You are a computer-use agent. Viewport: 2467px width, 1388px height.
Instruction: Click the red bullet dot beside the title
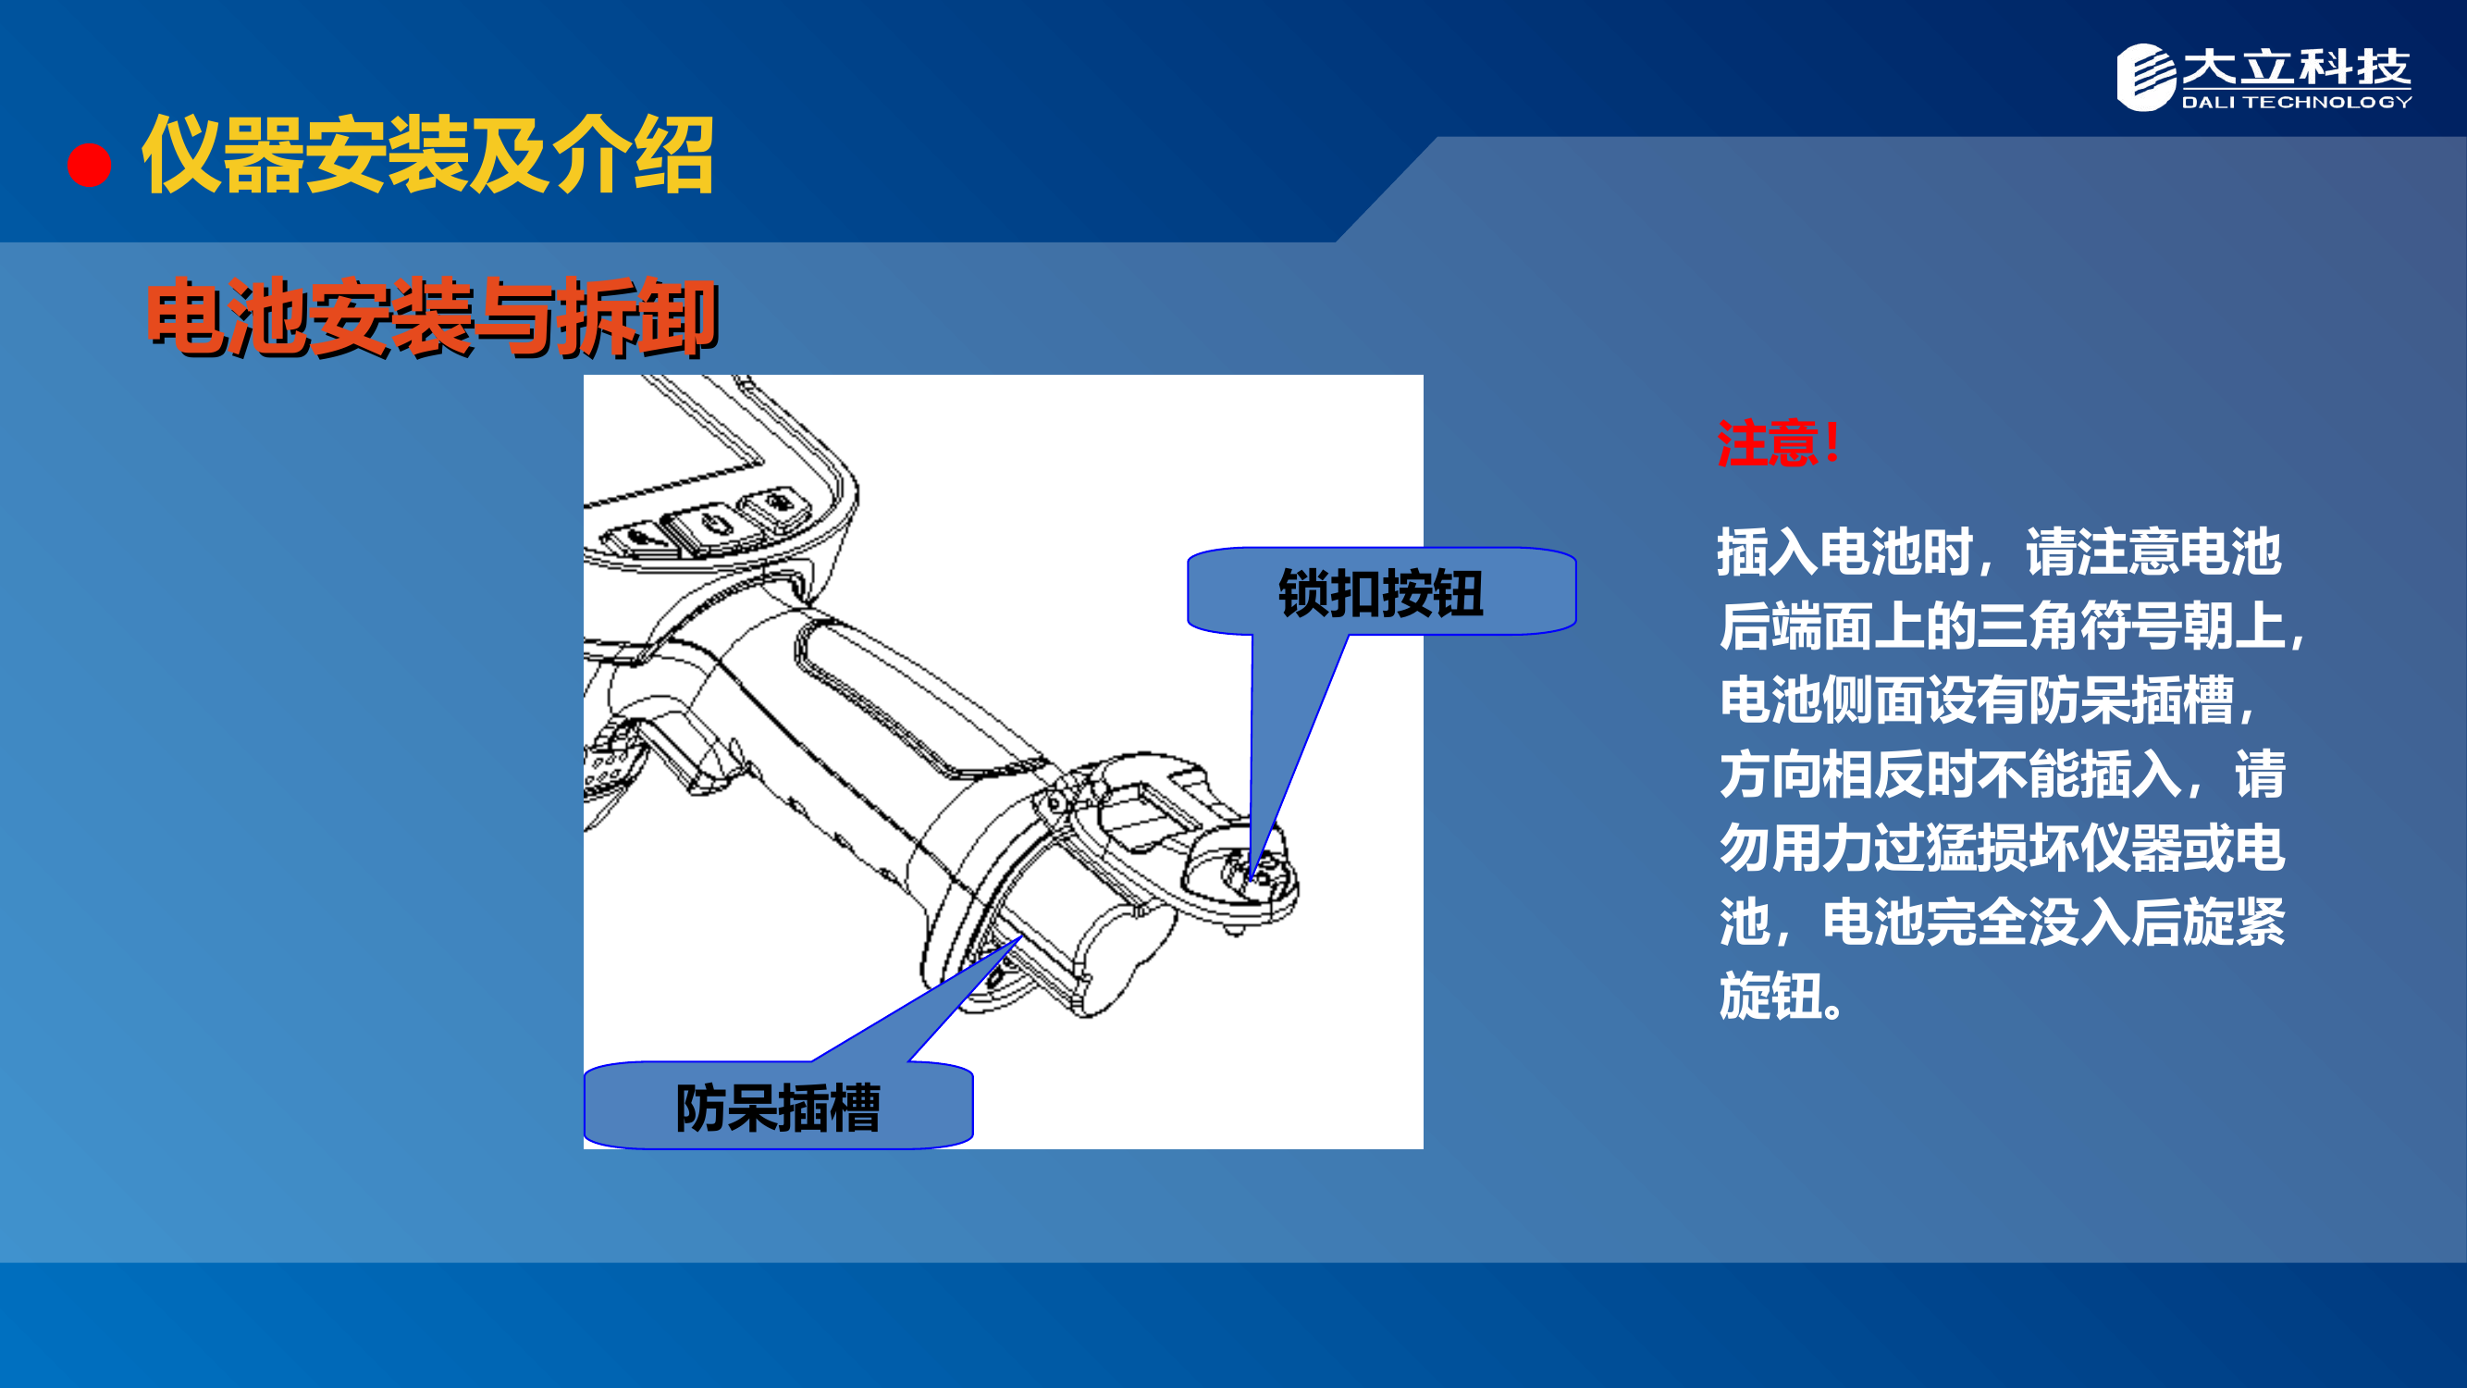tap(89, 165)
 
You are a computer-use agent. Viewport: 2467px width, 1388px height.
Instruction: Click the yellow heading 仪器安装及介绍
tap(427, 155)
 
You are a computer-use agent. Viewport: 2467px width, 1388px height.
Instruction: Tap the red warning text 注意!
tap(1778, 443)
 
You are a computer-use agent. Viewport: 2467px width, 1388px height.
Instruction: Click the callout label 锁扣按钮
tap(1381, 593)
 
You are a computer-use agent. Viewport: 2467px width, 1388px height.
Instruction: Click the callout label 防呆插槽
tap(778, 1108)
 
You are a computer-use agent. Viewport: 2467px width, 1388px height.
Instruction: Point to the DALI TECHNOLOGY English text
tap(2296, 103)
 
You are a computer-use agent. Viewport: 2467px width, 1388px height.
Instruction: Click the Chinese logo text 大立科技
tap(2296, 67)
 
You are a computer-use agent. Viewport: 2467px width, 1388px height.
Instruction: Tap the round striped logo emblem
tap(2145, 77)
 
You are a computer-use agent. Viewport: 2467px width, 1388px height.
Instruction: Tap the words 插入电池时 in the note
tap(1844, 552)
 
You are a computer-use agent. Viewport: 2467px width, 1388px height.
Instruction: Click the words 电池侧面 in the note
tap(1819, 700)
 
